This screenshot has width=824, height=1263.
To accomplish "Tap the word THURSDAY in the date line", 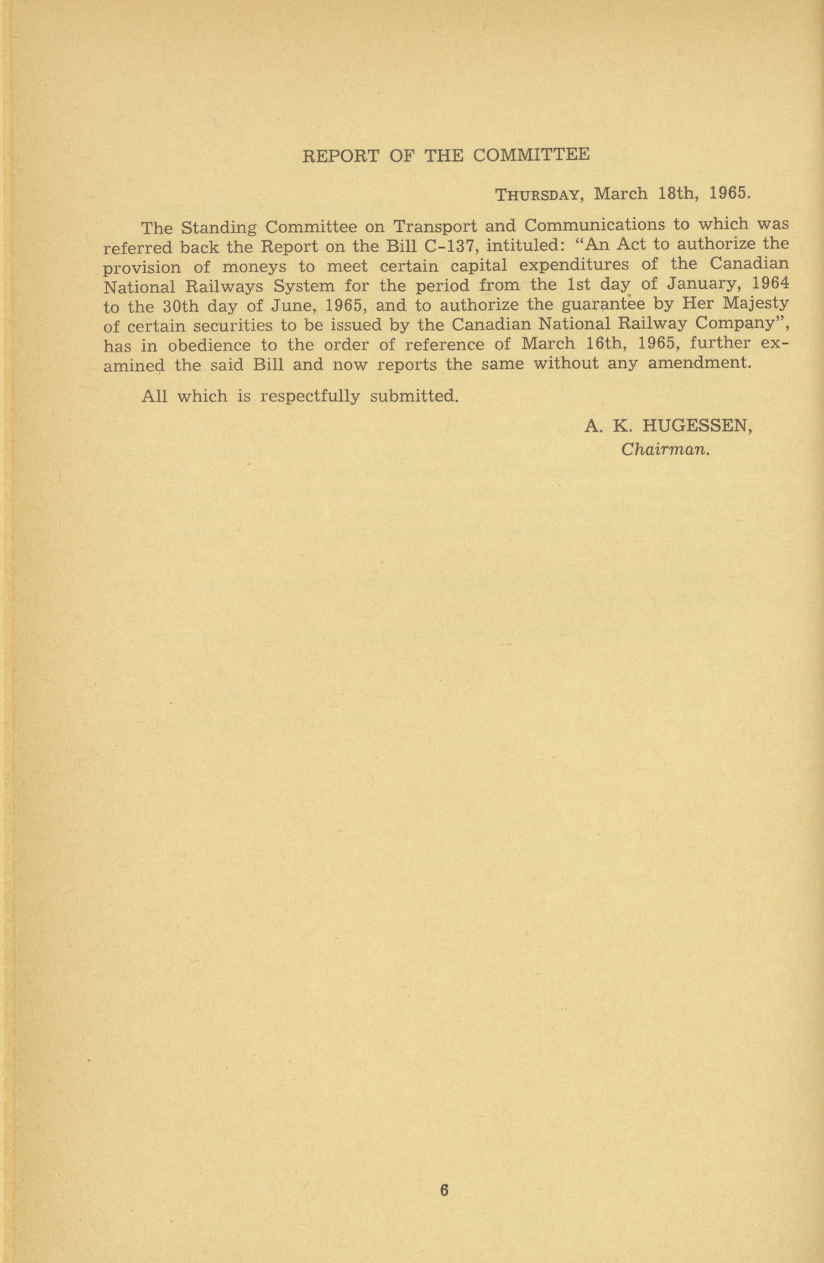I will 536,195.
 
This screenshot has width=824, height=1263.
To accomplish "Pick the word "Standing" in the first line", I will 219,228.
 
